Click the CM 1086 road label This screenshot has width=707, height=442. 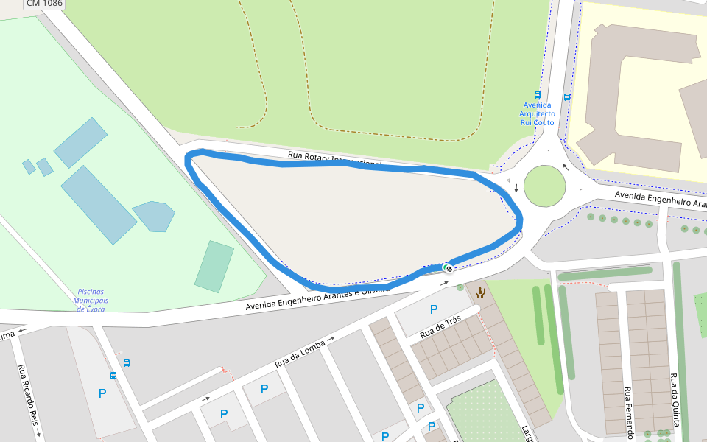tap(43, 4)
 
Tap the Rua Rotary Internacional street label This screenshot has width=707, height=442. tap(334, 158)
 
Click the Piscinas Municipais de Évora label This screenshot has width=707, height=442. tap(91, 300)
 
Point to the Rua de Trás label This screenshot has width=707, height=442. tap(440, 327)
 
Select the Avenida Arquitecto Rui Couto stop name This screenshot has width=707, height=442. tap(537, 114)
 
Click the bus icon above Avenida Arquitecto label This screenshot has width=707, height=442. tap(537, 95)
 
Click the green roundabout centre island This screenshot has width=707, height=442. tap(544, 186)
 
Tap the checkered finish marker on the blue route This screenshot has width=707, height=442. tap(448, 267)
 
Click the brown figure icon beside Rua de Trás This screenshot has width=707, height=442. tap(479, 292)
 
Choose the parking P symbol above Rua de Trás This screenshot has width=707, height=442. tap(434, 309)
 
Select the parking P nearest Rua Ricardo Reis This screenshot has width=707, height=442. tap(102, 393)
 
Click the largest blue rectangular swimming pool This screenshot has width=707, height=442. tap(99, 204)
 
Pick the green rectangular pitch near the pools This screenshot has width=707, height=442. tap(214, 267)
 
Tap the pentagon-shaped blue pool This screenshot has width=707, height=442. tap(154, 216)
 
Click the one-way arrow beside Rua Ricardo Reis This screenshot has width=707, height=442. tap(38, 435)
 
